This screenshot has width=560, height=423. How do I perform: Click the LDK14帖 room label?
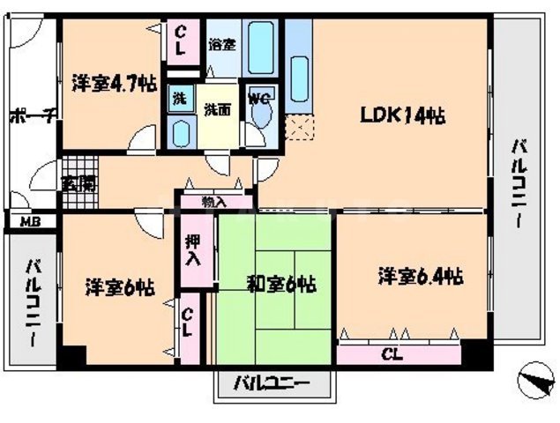pos(400,115)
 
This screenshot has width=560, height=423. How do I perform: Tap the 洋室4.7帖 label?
pos(114,84)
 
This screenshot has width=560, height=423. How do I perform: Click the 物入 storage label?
pos(213,202)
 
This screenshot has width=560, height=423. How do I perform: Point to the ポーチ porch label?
pos(33,116)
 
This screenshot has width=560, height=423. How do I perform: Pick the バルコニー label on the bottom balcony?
pos(273,384)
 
